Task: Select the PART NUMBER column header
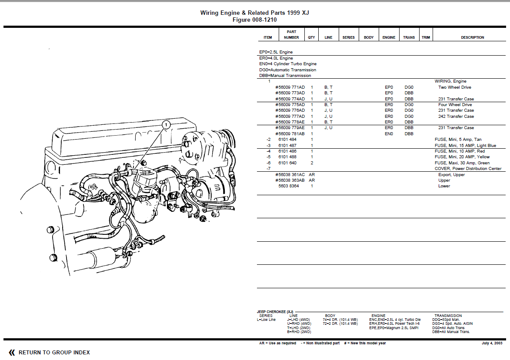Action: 291,35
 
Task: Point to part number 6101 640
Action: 287,163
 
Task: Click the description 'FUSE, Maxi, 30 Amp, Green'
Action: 462,163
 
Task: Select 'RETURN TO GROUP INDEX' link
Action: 54,353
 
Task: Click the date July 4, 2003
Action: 492,343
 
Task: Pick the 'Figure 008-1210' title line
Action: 254,20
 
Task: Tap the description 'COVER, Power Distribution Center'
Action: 468,169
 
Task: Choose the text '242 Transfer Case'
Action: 456,117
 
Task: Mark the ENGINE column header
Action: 389,37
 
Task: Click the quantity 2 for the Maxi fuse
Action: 312,163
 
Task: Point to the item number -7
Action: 269,169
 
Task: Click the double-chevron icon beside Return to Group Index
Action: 12,353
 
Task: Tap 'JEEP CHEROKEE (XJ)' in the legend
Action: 275,312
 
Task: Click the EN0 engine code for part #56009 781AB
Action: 389,134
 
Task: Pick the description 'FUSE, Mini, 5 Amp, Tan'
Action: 458,140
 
